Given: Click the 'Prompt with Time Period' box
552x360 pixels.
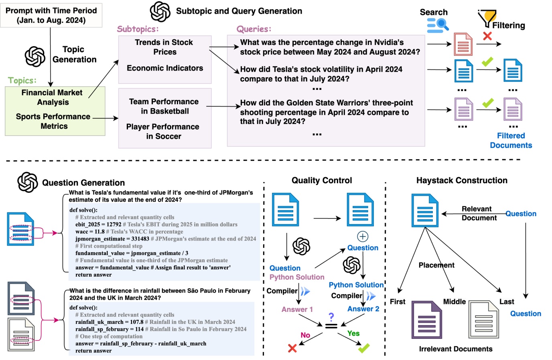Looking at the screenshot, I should click(51, 16).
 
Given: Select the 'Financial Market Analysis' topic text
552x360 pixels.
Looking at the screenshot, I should click(52, 97).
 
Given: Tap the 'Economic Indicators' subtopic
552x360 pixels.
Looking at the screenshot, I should click(165, 68).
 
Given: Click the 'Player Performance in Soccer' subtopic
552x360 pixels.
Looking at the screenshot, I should click(163, 131).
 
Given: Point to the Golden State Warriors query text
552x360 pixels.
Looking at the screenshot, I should click(326, 112).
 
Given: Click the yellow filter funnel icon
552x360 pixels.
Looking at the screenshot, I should click(488, 18).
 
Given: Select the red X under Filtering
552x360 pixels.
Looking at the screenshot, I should click(487, 36).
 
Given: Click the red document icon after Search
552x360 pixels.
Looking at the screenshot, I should click(463, 44).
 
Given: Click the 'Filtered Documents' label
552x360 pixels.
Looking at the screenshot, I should click(511, 141).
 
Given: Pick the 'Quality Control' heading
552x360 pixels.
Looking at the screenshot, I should click(322, 180).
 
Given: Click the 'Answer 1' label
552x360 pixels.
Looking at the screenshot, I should click(297, 309).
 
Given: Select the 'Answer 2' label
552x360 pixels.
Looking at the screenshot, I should click(363, 309).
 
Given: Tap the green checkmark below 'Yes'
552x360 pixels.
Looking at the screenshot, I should click(364, 348).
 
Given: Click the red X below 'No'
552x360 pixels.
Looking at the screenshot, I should click(292, 348).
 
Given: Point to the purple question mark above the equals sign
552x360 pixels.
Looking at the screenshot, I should click(331, 317).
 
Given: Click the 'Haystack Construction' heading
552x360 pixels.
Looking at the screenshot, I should click(462, 180).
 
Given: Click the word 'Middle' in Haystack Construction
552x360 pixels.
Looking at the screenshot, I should click(454, 302).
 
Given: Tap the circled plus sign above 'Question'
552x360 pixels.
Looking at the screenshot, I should click(363, 237).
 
